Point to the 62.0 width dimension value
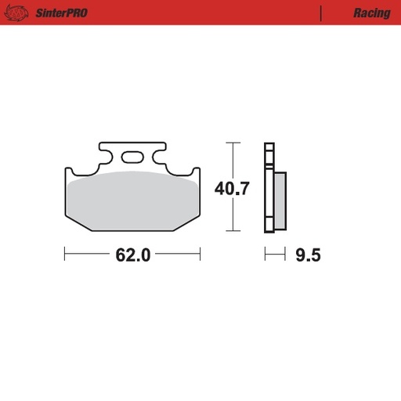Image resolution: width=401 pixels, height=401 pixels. (132, 255)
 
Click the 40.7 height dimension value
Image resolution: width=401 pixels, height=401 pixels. (232, 188)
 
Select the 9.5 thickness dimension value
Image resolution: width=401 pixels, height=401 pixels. (309, 255)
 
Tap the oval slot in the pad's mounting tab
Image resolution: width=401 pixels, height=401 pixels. (132, 155)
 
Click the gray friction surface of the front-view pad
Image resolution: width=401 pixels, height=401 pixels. (132, 200)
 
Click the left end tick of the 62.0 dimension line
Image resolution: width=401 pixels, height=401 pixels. (65, 255)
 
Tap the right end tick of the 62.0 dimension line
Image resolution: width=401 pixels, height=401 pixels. (200, 255)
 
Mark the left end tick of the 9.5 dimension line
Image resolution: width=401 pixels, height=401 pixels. (266, 255)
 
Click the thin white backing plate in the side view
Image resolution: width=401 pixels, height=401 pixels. (269, 188)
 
